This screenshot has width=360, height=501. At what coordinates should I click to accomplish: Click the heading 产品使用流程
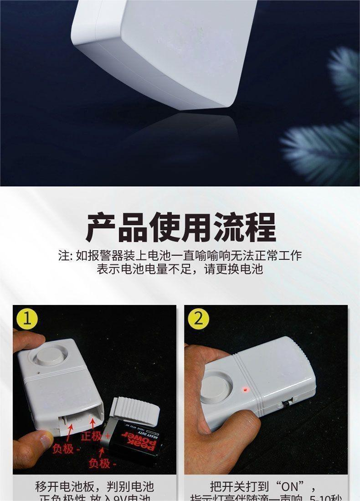pyautogui.click(x=180, y=227)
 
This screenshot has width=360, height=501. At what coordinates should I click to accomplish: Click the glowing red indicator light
pyautogui.click(x=245, y=390)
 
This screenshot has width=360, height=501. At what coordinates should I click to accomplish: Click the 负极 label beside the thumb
pyautogui.click(x=63, y=449)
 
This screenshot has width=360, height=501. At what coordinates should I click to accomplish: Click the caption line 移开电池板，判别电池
pyautogui.click(x=94, y=486)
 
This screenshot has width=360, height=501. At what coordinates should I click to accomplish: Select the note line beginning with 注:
pyautogui.click(x=180, y=255)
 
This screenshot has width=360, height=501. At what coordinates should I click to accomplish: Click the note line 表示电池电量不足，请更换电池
pyautogui.click(x=180, y=269)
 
